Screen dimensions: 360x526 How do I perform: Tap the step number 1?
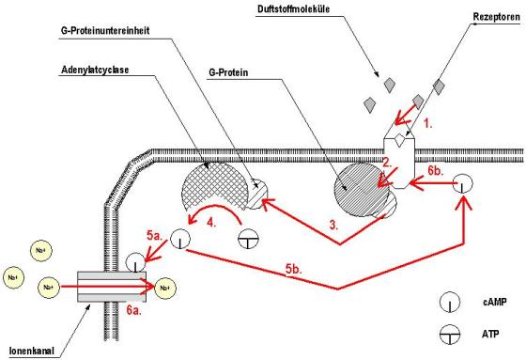point(427,123)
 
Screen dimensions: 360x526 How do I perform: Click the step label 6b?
point(437,172)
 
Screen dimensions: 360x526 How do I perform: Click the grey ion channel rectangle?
point(102,281)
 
